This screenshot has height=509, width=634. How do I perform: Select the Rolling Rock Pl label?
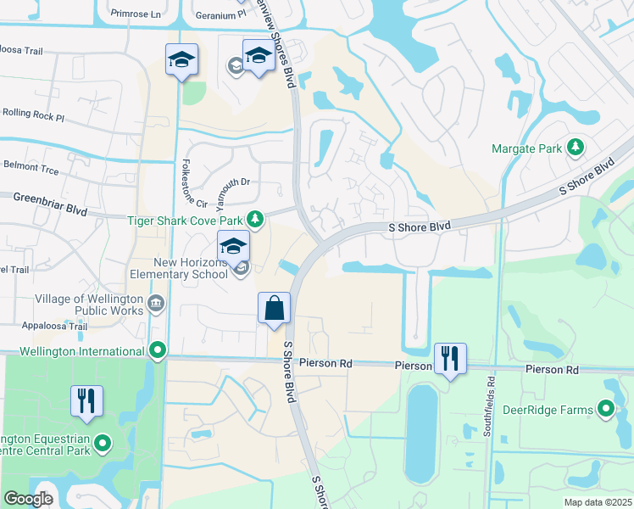point(33,112)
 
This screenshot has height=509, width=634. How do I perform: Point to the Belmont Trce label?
point(31,169)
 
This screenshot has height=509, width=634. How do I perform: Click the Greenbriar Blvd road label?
point(51,199)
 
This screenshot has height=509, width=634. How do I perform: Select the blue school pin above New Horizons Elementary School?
point(233,247)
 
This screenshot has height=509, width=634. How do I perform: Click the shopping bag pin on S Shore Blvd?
point(275,309)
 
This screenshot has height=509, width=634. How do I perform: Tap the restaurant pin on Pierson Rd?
point(449,359)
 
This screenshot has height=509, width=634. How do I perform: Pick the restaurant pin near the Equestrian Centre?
point(86,401)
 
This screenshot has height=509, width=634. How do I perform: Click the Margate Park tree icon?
point(576,148)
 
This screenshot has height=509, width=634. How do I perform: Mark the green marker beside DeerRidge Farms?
point(606,411)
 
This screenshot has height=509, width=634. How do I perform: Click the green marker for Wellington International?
point(157,350)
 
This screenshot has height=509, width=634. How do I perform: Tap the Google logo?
point(29,498)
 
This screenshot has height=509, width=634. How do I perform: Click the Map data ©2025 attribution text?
point(597,502)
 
